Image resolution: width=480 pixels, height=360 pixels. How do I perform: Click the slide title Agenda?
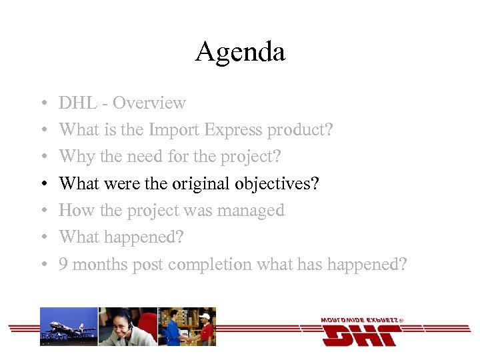(240, 52)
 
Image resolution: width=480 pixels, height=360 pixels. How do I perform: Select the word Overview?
(149, 103)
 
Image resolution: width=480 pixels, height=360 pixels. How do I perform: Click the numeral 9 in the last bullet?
(63, 265)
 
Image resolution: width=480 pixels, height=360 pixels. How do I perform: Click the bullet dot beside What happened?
(43, 238)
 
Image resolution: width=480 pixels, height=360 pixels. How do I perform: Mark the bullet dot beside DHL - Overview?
(43, 104)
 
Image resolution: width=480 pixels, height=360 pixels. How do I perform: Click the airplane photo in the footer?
(69, 326)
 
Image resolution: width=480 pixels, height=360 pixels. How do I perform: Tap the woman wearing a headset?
(127, 326)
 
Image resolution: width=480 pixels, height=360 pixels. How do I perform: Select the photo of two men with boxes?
(187, 326)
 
